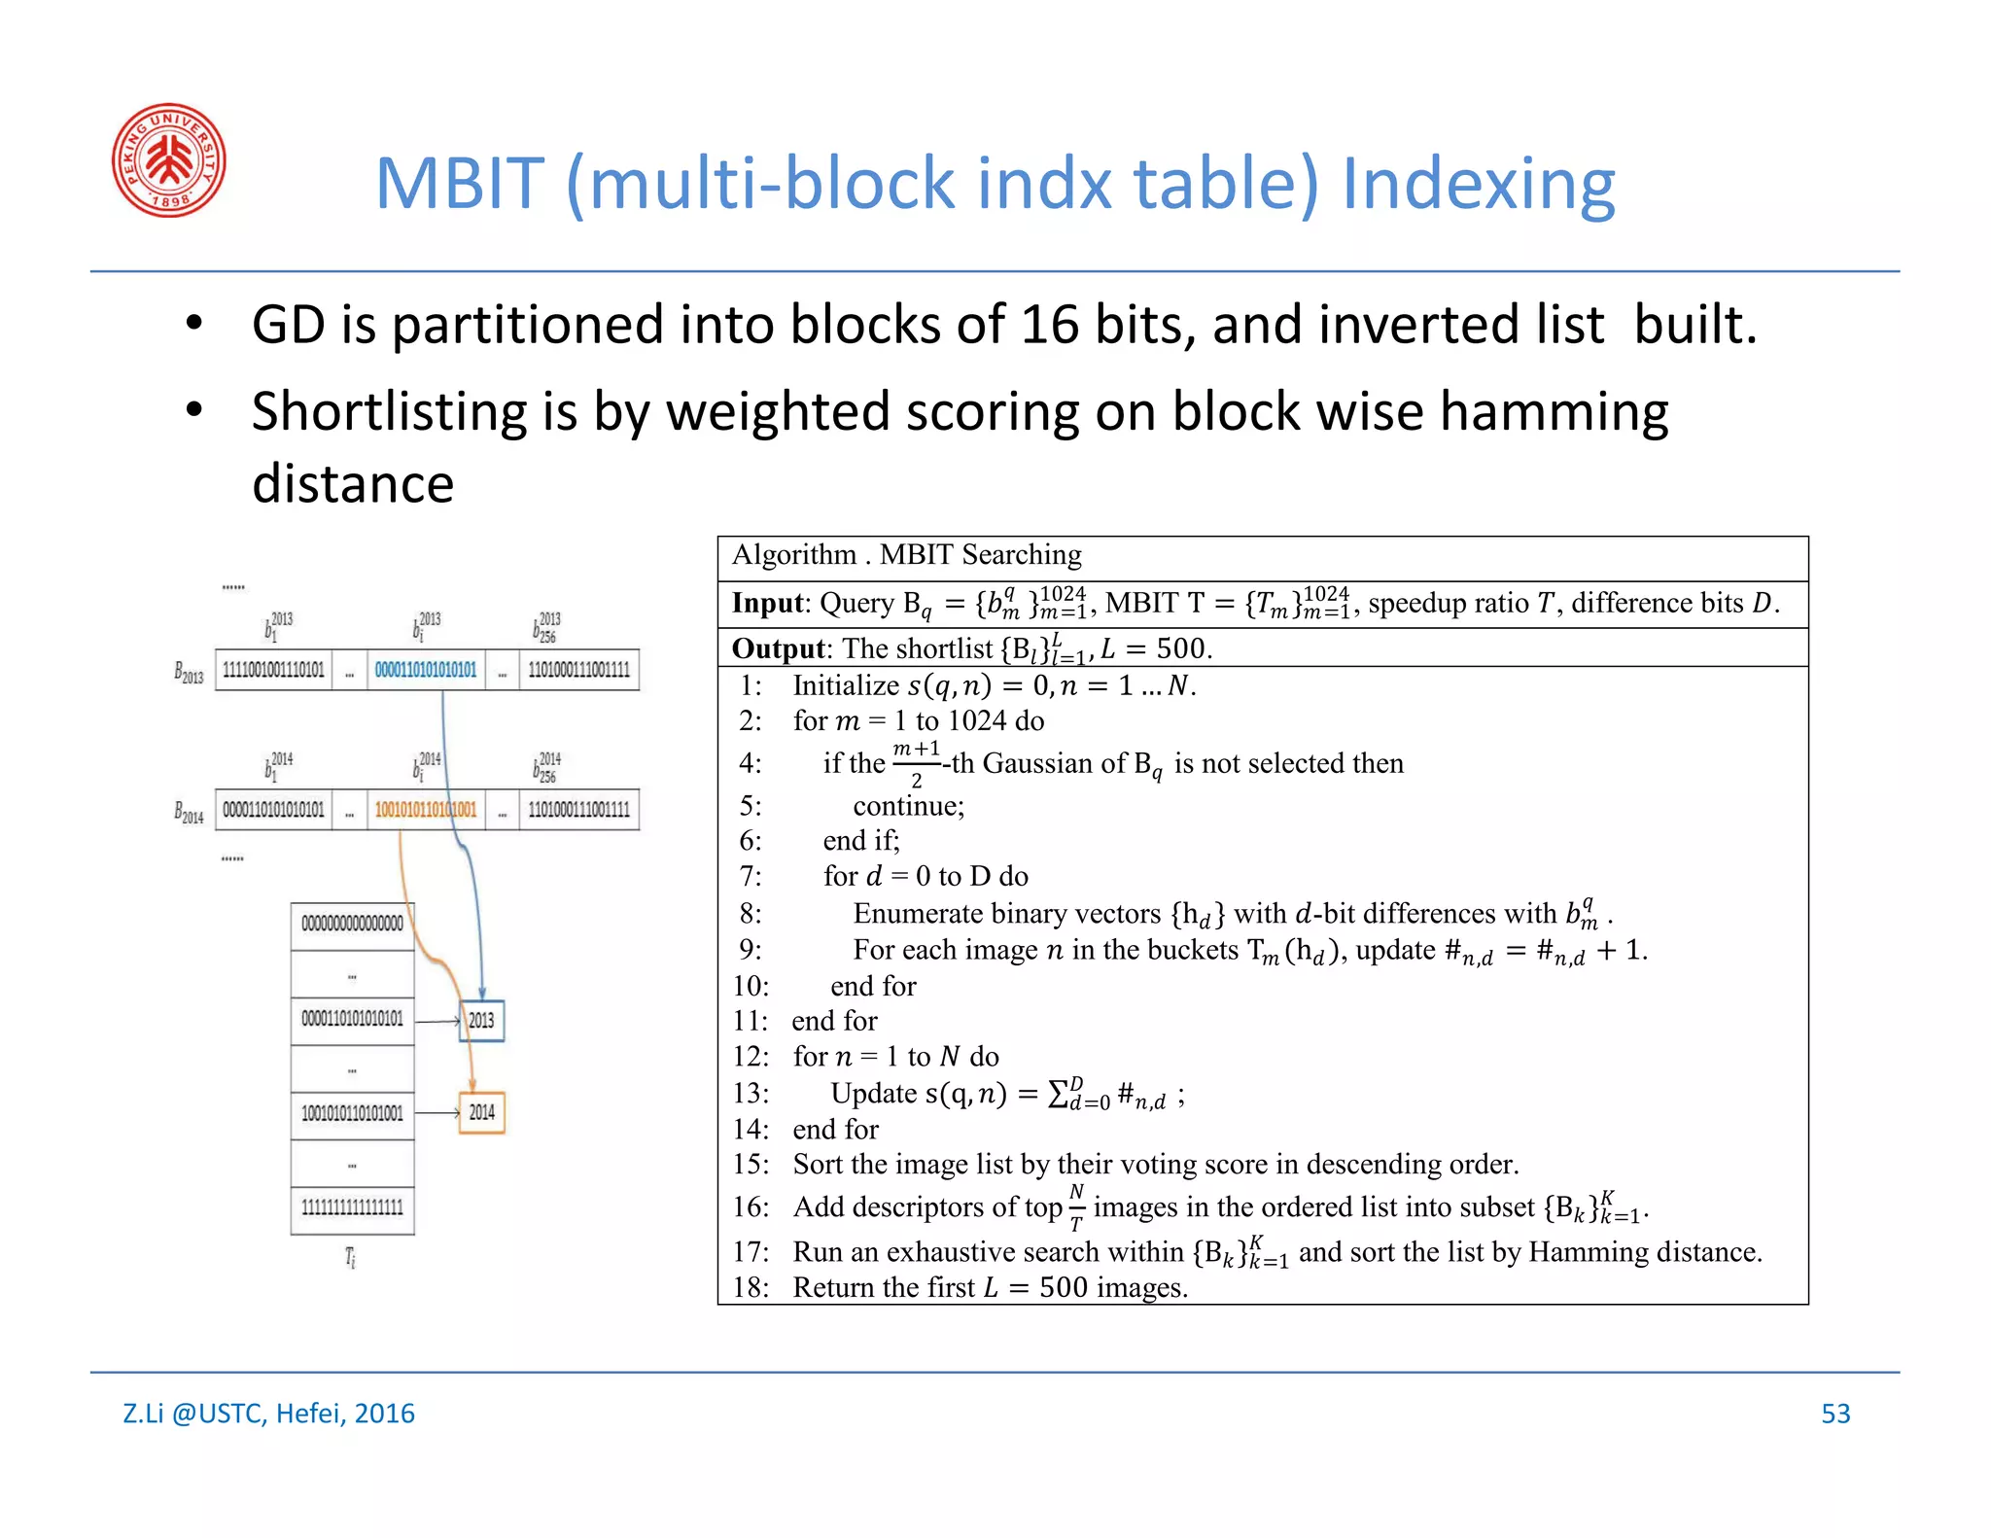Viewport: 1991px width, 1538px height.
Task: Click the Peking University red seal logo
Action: click(x=169, y=160)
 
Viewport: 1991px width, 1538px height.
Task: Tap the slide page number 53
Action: click(x=1835, y=1414)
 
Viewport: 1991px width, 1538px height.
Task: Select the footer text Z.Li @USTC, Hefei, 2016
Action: click(x=268, y=1414)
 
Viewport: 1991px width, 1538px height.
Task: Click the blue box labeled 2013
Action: click(x=481, y=1021)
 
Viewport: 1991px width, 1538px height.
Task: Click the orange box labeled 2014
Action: click(x=481, y=1112)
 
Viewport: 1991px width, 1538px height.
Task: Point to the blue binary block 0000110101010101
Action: click(x=426, y=670)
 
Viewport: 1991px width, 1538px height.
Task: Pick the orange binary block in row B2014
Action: click(x=426, y=810)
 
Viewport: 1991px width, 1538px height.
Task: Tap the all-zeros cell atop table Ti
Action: click(x=352, y=924)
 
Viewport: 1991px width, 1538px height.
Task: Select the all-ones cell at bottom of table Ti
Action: click(x=352, y=1208)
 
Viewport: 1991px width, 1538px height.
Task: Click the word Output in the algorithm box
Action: click(x=777, y=648)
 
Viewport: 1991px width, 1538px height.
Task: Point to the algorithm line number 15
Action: click(x=751, y=1165)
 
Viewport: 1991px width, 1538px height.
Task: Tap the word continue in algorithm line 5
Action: click(x=908, y=806)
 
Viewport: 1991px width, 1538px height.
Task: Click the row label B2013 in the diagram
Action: click(x=189, y=673)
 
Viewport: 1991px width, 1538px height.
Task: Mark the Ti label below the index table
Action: click(x=351, y=1258)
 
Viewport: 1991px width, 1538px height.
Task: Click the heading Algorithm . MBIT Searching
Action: click(x=906, y=555)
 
